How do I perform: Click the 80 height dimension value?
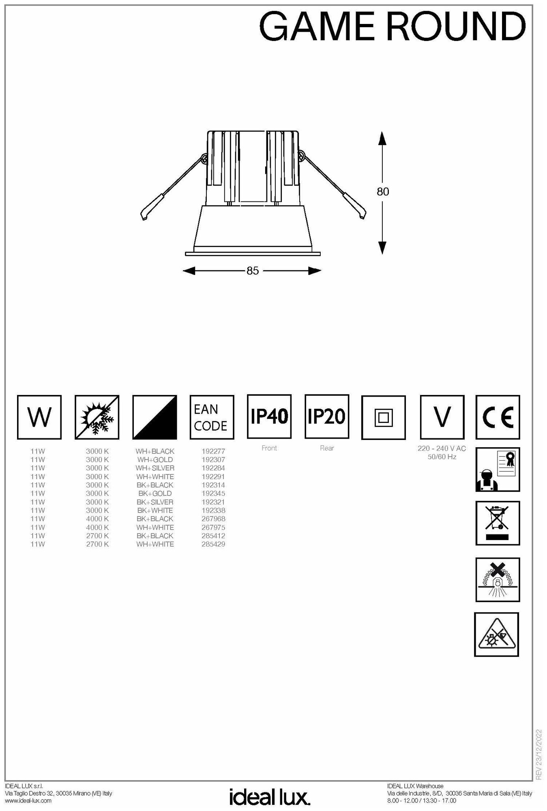(x=382, y=191)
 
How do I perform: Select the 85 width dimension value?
(x=252, y=270)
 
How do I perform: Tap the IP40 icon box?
(x=269, y=416)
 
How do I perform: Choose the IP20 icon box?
(x=327, y=416)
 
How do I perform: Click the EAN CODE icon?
(x=212, y=417)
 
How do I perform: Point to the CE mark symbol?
(x=498, y=417)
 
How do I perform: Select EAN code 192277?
(x=213, y=451)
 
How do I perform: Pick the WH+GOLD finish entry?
(x=155, y=459)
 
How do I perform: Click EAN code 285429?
(x=213, y=544)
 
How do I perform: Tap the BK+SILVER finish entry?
(x=155, y=502)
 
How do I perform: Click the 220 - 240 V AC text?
(x=442, y=448)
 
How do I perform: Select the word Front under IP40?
(x=269, y=448)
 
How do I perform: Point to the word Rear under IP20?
(x=327, y=448)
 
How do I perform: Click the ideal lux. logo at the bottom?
(x=270, y=796)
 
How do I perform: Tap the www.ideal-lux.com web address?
(x=28, y=800)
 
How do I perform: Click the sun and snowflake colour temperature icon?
(x=97, y=417)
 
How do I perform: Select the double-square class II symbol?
(x=384, y=417)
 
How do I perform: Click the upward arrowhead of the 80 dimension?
(x=382, y=138)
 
